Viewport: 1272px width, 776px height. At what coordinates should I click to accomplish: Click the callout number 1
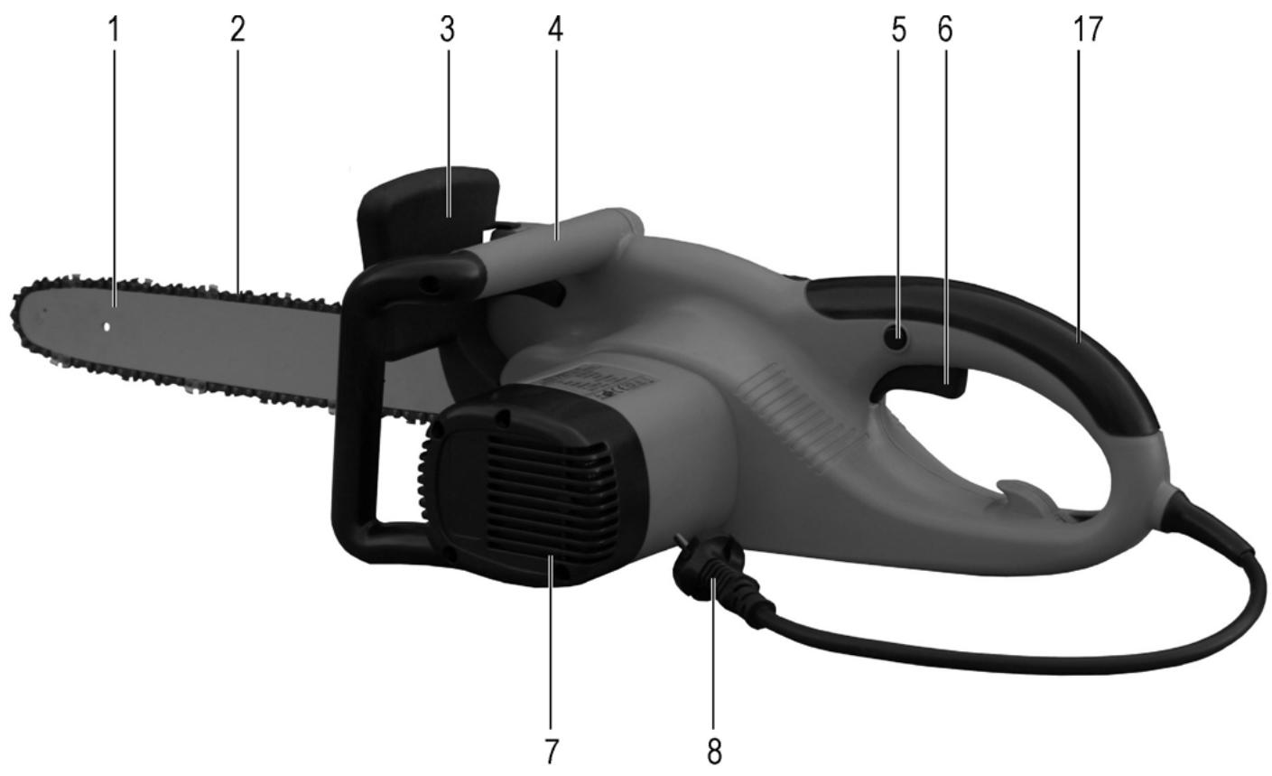(115, 30)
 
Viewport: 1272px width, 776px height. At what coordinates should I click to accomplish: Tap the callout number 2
(238, 30)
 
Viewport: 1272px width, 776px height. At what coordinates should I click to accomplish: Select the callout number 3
(448, 30)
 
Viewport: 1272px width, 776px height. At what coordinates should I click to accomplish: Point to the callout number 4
(555, 30)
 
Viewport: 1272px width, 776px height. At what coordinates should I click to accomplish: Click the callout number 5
(898, 30)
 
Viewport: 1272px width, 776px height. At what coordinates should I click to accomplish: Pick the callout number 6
(945, 30)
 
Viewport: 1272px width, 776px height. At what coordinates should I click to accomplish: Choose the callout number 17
(1088, 30)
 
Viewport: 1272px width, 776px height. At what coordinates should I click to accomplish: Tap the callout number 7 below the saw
(552, 752)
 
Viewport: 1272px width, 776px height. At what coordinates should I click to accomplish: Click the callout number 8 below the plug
(714, 752)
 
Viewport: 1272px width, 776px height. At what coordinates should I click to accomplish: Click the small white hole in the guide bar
(107, 327)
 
